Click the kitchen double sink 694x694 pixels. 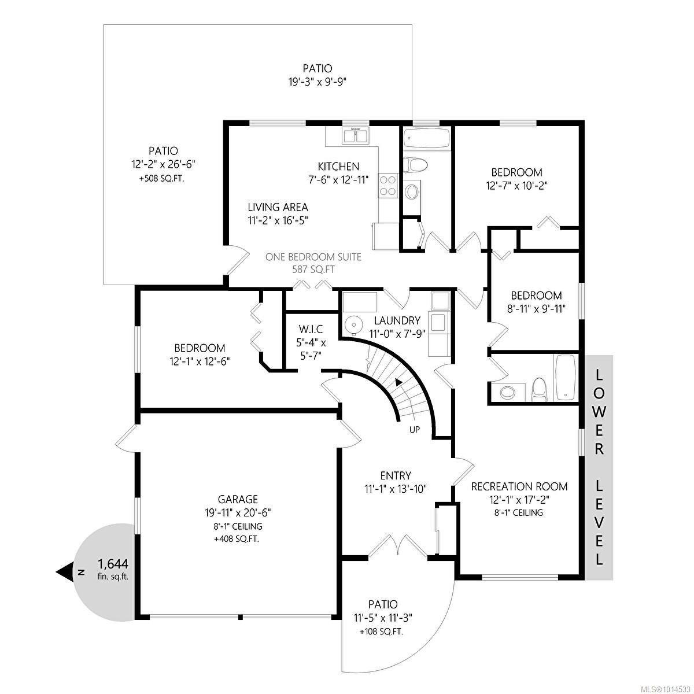click(x=356, y=136)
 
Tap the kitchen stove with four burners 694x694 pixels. click(x=388, y=186)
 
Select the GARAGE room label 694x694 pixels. click(x=238, y=499)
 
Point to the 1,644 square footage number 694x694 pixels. click(x=113, y=563)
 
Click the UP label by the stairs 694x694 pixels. click(x=415, y=430)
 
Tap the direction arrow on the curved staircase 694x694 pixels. click(x=398, y=382)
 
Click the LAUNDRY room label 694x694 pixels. click(x=397, y=320)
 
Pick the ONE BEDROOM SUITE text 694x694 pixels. click(x=313, y=257)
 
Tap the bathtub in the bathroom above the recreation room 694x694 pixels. click(x=565, y=378)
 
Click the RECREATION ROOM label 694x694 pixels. click(x=519, y=486)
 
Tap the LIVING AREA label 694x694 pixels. click(x=278, y=207)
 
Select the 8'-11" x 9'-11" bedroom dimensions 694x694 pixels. click(x=536, y=309)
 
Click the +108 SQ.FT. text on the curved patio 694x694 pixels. click(x=381, y=632)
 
